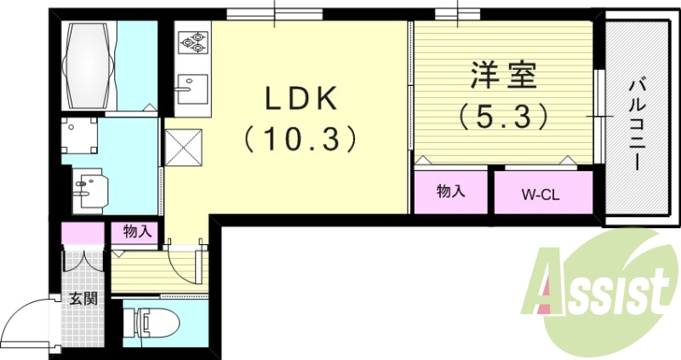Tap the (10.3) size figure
coord(299,139)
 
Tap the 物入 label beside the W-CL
coord(450,191)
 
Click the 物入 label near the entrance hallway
coord(136,231)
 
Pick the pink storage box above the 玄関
coord(80,234)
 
